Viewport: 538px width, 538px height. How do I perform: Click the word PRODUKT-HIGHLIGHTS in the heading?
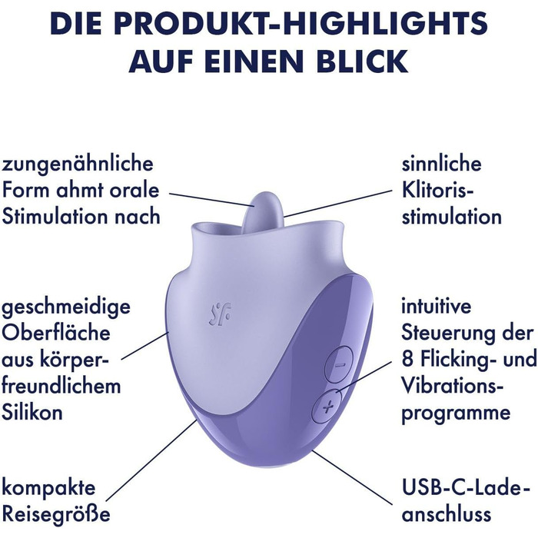[x=333, y=24]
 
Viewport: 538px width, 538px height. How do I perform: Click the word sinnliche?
[x=441, y=164]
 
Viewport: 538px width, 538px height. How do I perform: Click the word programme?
[x=456, y=412]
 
